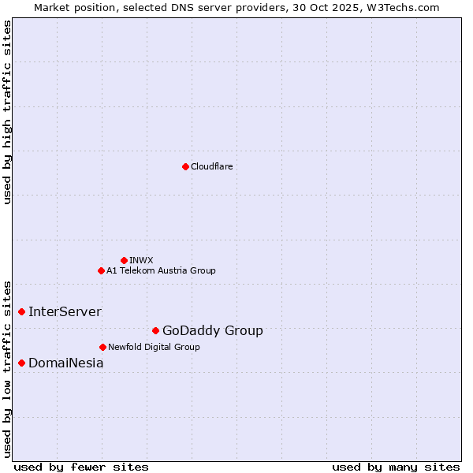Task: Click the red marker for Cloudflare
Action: coord(185,166)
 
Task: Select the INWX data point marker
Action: coord(124,260)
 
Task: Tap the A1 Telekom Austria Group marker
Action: coord(101,270)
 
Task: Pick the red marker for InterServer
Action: coord(22,311)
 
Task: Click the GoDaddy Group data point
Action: coord(155,330)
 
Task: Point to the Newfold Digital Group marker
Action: coord(102,347)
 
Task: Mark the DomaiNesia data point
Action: coord(22,363)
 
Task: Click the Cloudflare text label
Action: coord(211,166)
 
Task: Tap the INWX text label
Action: coord(141,260)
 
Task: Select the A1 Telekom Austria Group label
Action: coord(161,270)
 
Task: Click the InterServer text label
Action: coord(65,311)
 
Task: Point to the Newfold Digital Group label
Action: coord(154,347)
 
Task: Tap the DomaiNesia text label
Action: coord(65,363)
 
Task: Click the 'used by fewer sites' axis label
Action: coord(81,467)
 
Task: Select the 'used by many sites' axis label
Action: coord(396,467)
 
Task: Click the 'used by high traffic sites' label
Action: coord(8,113)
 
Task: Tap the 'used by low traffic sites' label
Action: coord(8,368)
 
